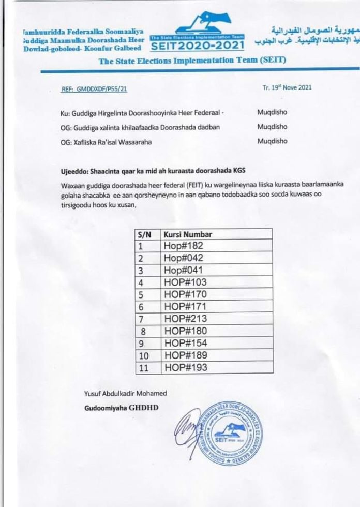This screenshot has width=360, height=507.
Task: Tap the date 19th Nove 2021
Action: click(287, 87)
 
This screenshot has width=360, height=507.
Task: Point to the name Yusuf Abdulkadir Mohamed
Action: click(126, 394)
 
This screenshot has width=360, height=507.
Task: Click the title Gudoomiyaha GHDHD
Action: click(122, 408)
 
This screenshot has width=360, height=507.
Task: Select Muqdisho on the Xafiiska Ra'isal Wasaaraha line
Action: click(272, 141)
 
